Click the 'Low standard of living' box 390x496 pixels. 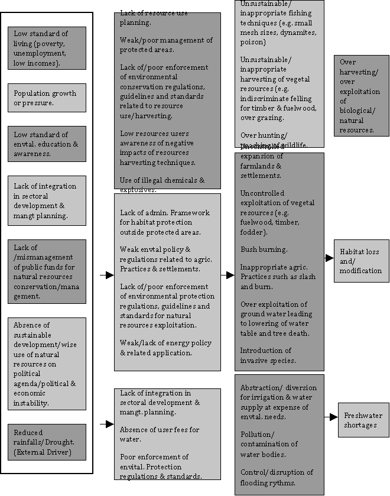pos(47,47)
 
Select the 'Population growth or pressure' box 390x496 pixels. pos(47,98)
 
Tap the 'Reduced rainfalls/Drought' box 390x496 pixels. pos(47,442)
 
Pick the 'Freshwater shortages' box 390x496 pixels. pos(363,420)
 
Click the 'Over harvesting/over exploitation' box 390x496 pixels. pos(361,96)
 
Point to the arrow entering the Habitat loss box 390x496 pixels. pos(329,258)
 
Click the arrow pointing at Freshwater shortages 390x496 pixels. pos(333,417)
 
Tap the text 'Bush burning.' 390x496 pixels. pos(264,249)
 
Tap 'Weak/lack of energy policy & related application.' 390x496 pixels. pos(165,348)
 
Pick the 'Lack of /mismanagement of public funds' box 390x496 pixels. pos(47,272)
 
